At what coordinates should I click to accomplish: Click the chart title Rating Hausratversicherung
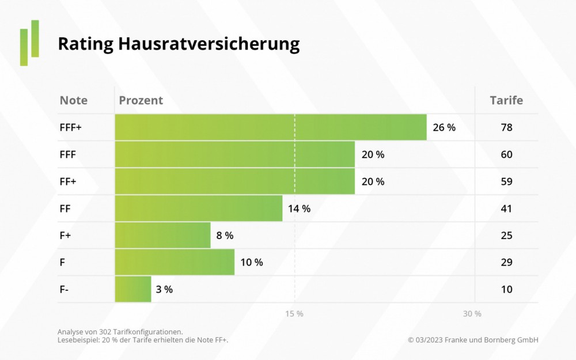click(x=179, y=44)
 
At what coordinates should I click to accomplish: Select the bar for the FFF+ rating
click(x=271, y=127)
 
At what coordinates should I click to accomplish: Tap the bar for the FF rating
click(x=199, y=209)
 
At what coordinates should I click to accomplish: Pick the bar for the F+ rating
click(x=162, y=236)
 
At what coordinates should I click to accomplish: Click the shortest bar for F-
click(x=133, y=289)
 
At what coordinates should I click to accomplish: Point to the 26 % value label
click(x=444, y=128)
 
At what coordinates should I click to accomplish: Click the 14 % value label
click(x=299, y=209)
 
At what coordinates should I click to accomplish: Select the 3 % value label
click(x=164, y=290)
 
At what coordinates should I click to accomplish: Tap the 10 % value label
click(x=251, y=263)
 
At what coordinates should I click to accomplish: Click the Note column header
click(x=74, y=100)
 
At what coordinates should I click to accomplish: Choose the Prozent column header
click(x=141, y=100)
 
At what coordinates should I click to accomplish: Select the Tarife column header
click(x=506, y=100)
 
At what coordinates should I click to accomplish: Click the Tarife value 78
click(x=506, y=128)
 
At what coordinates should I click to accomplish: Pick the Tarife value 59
click(x=506, y=181)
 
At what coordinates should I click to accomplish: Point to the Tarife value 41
click(x=506, y=209)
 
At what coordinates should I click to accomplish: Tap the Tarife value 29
click(x=506, y=263)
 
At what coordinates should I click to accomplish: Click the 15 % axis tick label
click(x=294, y=313)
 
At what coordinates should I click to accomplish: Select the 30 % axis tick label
click(x=472, y=313)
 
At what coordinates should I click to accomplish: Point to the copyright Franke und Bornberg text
click(x=473, y=340)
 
